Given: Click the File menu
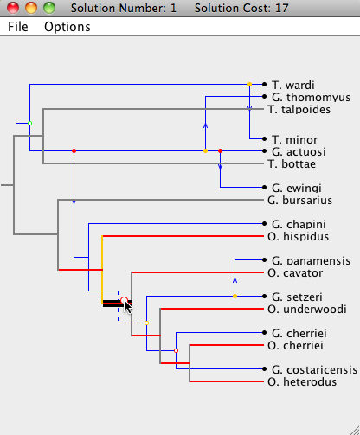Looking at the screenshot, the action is click(x=18, y=27).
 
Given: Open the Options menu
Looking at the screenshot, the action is click(x=67, y=27).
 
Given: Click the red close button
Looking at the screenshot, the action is click(x=13, y=8).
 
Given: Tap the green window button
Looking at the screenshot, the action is click(x=49, y=8).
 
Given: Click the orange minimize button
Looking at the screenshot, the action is click(x=31, y=8).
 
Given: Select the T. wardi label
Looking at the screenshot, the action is click(x=293, y=85).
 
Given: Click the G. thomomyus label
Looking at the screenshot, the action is click(x=311, y=97).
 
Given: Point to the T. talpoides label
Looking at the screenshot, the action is click(x=299, y=109).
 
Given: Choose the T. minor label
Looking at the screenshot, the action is click(x=294, y=139).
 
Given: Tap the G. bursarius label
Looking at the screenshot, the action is click(x=299, y=200).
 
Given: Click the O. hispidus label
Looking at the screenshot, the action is click(x=298, y=236).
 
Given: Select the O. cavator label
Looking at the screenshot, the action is click(x=295, y=272).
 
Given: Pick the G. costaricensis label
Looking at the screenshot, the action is click(x=314, y=369).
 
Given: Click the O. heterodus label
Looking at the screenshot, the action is click(x=302, y=381).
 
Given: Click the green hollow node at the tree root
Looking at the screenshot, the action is click(x=29, y=124).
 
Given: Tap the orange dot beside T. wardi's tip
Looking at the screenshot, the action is click(x=250, y=85).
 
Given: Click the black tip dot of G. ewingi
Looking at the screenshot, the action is click(x=264, y=188).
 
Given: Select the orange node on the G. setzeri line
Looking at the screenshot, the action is click(x=235, y=297).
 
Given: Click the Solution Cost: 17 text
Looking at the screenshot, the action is click(x=241, y=8).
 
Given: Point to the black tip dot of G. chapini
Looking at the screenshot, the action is click(x=264, y=224).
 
